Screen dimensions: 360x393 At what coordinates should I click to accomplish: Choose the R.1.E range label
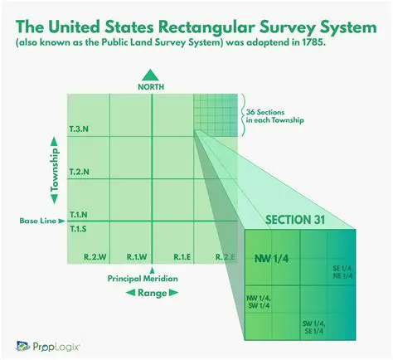tap(182, 256)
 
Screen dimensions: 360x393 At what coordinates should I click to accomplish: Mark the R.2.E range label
tap(224, 256)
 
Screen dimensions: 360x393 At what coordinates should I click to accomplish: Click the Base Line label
tap(36, 221)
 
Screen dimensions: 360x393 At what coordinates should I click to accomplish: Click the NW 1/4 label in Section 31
tap(271, 260)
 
